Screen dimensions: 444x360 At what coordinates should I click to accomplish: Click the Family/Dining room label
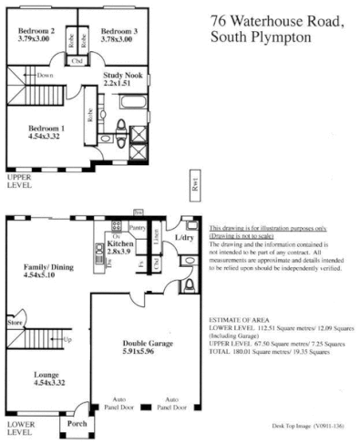point(44,269)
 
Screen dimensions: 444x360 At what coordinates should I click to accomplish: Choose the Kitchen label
point(121,244)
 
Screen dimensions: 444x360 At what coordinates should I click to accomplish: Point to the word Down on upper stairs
point(46,74)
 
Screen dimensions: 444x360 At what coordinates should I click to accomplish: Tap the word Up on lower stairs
point(67,339)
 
